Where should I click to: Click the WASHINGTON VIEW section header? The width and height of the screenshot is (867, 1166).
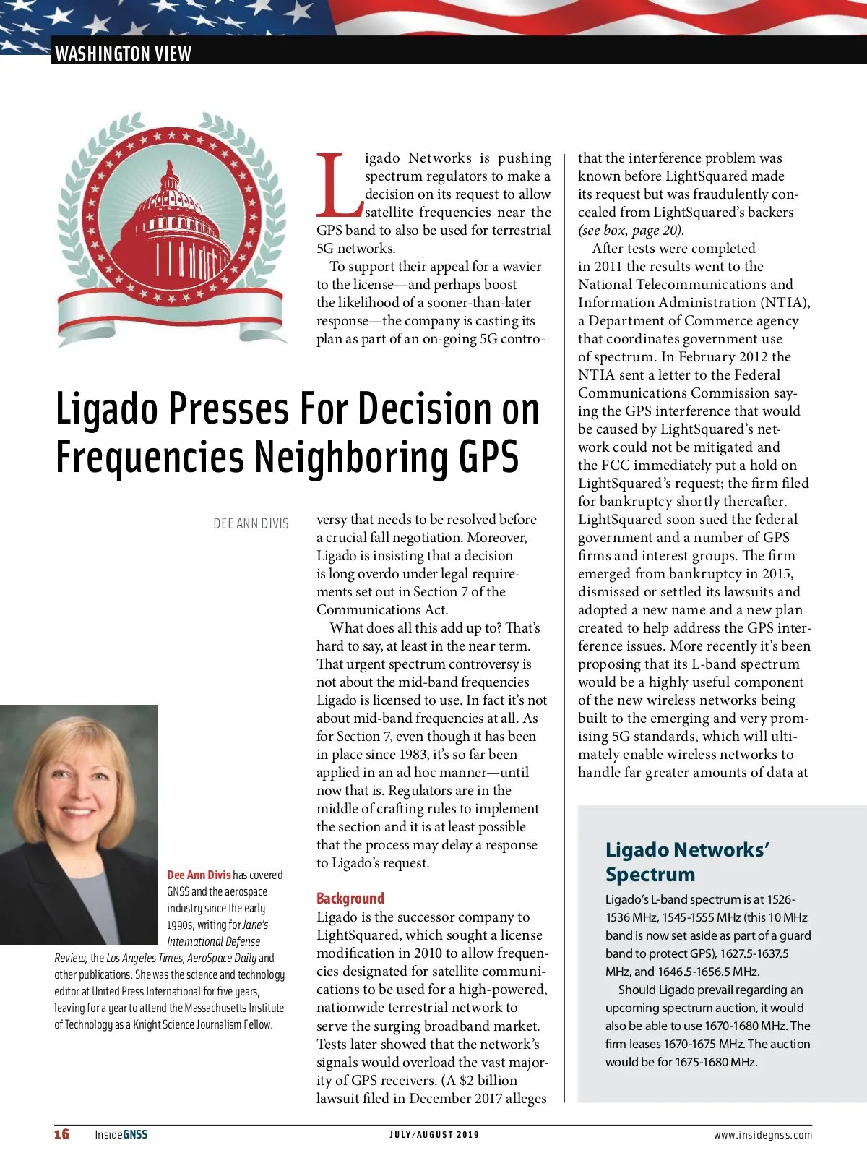tap(123, 53)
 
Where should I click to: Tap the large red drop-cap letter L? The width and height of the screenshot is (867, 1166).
tap(337, 185)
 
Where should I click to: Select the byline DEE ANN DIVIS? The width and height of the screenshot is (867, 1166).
tap(251, 523)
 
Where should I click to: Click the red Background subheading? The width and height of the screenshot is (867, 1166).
tap(350, 899)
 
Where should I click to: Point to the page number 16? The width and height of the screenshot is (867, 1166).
tap(62, 1134)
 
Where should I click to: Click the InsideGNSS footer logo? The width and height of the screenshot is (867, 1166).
tap(121, 1134)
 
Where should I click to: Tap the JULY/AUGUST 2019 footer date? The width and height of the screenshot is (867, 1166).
tap(434, 1135)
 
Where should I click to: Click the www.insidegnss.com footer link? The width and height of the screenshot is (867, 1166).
tap(762, 1135)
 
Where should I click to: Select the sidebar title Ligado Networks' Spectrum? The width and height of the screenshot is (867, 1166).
tap(686, 862)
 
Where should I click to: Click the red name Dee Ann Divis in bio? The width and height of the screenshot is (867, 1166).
tap(199, 875)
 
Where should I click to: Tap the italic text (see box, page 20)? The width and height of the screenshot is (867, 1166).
tap(631, 231)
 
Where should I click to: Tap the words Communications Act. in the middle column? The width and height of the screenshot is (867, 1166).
tap(382, 610)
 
